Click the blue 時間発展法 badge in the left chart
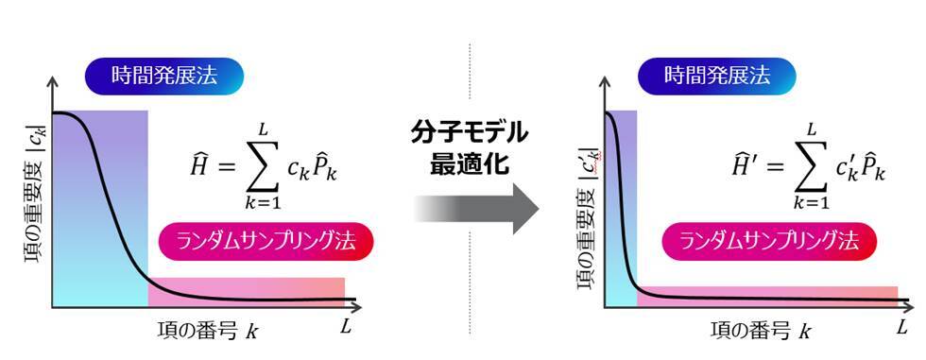pyautogui.click(x=165, y=76)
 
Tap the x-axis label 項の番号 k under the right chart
pyautogui.click(x=760, y=331)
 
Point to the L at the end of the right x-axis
pyautogui.click(x=901, y=327)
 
